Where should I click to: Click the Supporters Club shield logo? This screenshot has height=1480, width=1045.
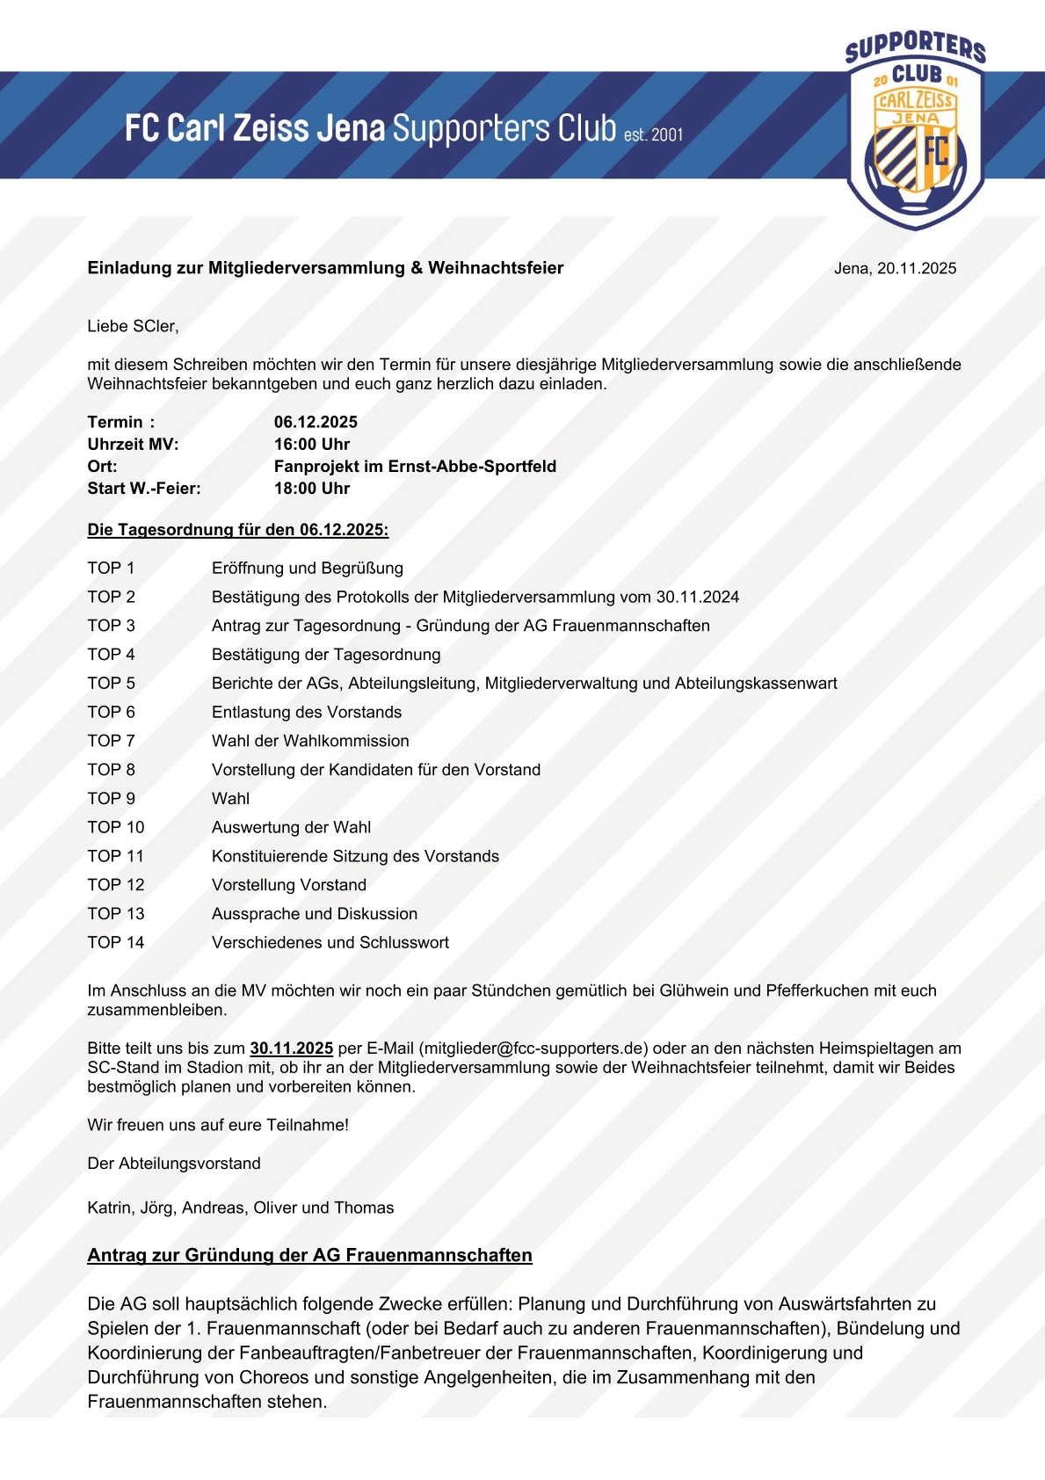pos(915,130)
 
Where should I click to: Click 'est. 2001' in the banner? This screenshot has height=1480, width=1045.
pos(653,134)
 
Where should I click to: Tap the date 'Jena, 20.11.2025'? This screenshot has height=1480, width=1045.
pos(895,269)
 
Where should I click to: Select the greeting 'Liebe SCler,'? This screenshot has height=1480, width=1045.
pos(133,326)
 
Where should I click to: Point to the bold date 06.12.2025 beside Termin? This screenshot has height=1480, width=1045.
pos(316,422)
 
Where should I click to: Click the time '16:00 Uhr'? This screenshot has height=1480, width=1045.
pos(312,444)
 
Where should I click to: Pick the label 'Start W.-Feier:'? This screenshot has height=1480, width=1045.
pos(144,488)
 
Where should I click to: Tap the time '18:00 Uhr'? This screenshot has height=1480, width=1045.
pos(312,488)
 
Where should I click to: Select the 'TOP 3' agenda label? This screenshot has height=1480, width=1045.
pos(112,626)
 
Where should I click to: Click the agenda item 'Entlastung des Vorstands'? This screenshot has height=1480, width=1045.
pos(307,712)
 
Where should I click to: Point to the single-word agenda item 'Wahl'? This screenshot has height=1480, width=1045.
pos(230,798)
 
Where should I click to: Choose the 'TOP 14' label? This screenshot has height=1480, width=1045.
pos(116,942)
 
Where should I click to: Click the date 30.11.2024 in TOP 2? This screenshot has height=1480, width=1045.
pos(697,597)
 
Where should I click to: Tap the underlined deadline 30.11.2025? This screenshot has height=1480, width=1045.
pos(292,1048)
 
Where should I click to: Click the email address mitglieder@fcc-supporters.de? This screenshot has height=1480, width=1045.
pos(533,1048)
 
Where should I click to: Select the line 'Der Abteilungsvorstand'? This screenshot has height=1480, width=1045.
pos(174,1163)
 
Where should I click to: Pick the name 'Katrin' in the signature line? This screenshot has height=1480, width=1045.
pos(110,1208)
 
